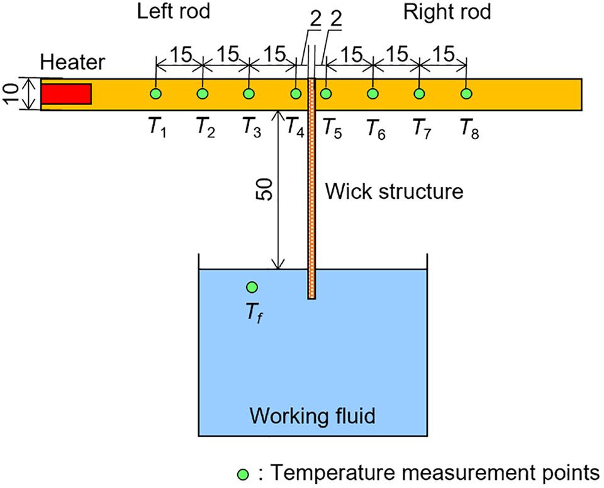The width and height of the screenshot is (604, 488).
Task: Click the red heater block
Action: (67, 94)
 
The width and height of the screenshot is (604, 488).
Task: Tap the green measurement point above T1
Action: (155, 94)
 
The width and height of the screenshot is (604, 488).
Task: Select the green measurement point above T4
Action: (296, 94)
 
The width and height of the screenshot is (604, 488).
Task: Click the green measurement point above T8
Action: (466, 94)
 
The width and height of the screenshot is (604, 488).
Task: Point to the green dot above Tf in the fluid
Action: (252, 287)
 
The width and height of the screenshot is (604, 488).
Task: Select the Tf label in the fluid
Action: (254, 310)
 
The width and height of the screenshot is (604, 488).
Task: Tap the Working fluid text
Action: (313, 416)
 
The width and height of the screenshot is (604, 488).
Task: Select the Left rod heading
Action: (165, 13)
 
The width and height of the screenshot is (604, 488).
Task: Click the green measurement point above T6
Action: (372, 94)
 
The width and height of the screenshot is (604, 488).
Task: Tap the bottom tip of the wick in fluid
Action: (311, 297)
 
